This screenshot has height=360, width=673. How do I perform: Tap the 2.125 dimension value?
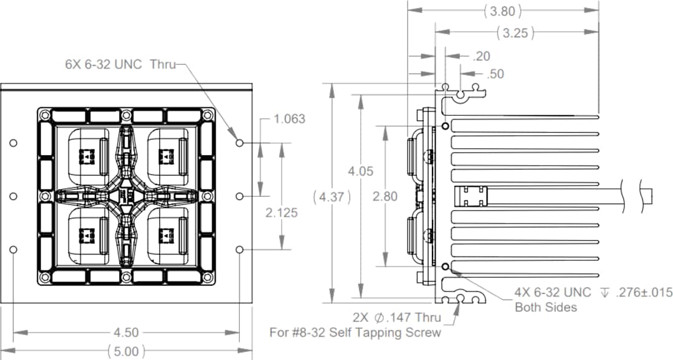tap(282, 212)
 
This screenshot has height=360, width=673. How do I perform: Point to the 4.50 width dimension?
tap(126, 333)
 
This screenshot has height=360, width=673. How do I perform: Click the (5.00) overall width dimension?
tap(126, 351)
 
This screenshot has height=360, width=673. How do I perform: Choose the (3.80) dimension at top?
tap(502, 11)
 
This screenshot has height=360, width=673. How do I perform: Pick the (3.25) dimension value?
tap(516, 33)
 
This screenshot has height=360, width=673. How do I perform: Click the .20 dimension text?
tap(482, 56)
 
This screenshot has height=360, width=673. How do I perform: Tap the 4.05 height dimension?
tap(360, 171)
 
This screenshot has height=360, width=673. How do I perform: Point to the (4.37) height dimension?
tap(333, 197)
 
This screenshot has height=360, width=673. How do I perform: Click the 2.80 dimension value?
tap(384, 196)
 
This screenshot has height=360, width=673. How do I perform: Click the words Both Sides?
tap(545, 307)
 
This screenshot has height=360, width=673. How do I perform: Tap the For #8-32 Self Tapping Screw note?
tap(355, 333)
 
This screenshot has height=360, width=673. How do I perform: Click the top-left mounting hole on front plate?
tap(14, 143)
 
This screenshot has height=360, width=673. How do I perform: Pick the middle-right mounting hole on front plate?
tap(240, 196)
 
